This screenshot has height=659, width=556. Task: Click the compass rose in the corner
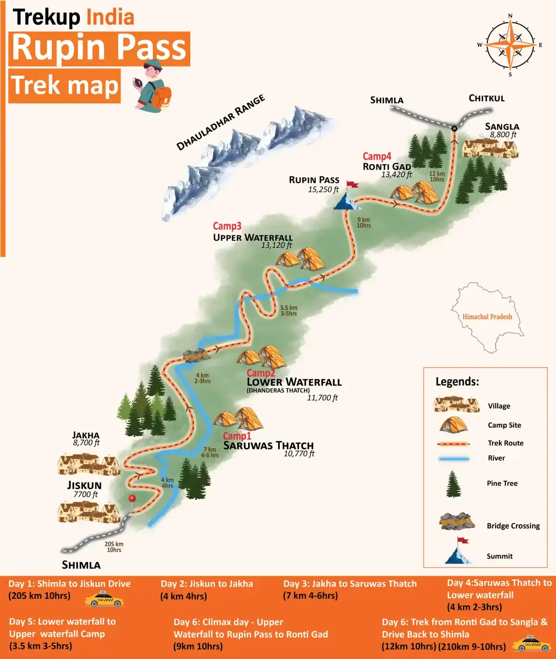point(510,45)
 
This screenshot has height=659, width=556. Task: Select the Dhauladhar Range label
point(221,122)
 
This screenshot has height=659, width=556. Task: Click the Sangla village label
point(502,127)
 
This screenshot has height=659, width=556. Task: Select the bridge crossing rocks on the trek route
point(196,355)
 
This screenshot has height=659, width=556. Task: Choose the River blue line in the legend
point(454,459)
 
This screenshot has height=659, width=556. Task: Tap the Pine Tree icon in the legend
point(453,484)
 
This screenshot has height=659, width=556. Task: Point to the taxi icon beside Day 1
point(104,600)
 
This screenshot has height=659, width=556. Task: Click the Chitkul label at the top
point(486,98)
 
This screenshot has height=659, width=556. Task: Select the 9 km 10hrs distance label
point(364,223)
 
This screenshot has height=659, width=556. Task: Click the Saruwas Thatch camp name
point(268,446)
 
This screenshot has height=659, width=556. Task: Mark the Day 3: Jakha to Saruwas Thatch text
point(350,584)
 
